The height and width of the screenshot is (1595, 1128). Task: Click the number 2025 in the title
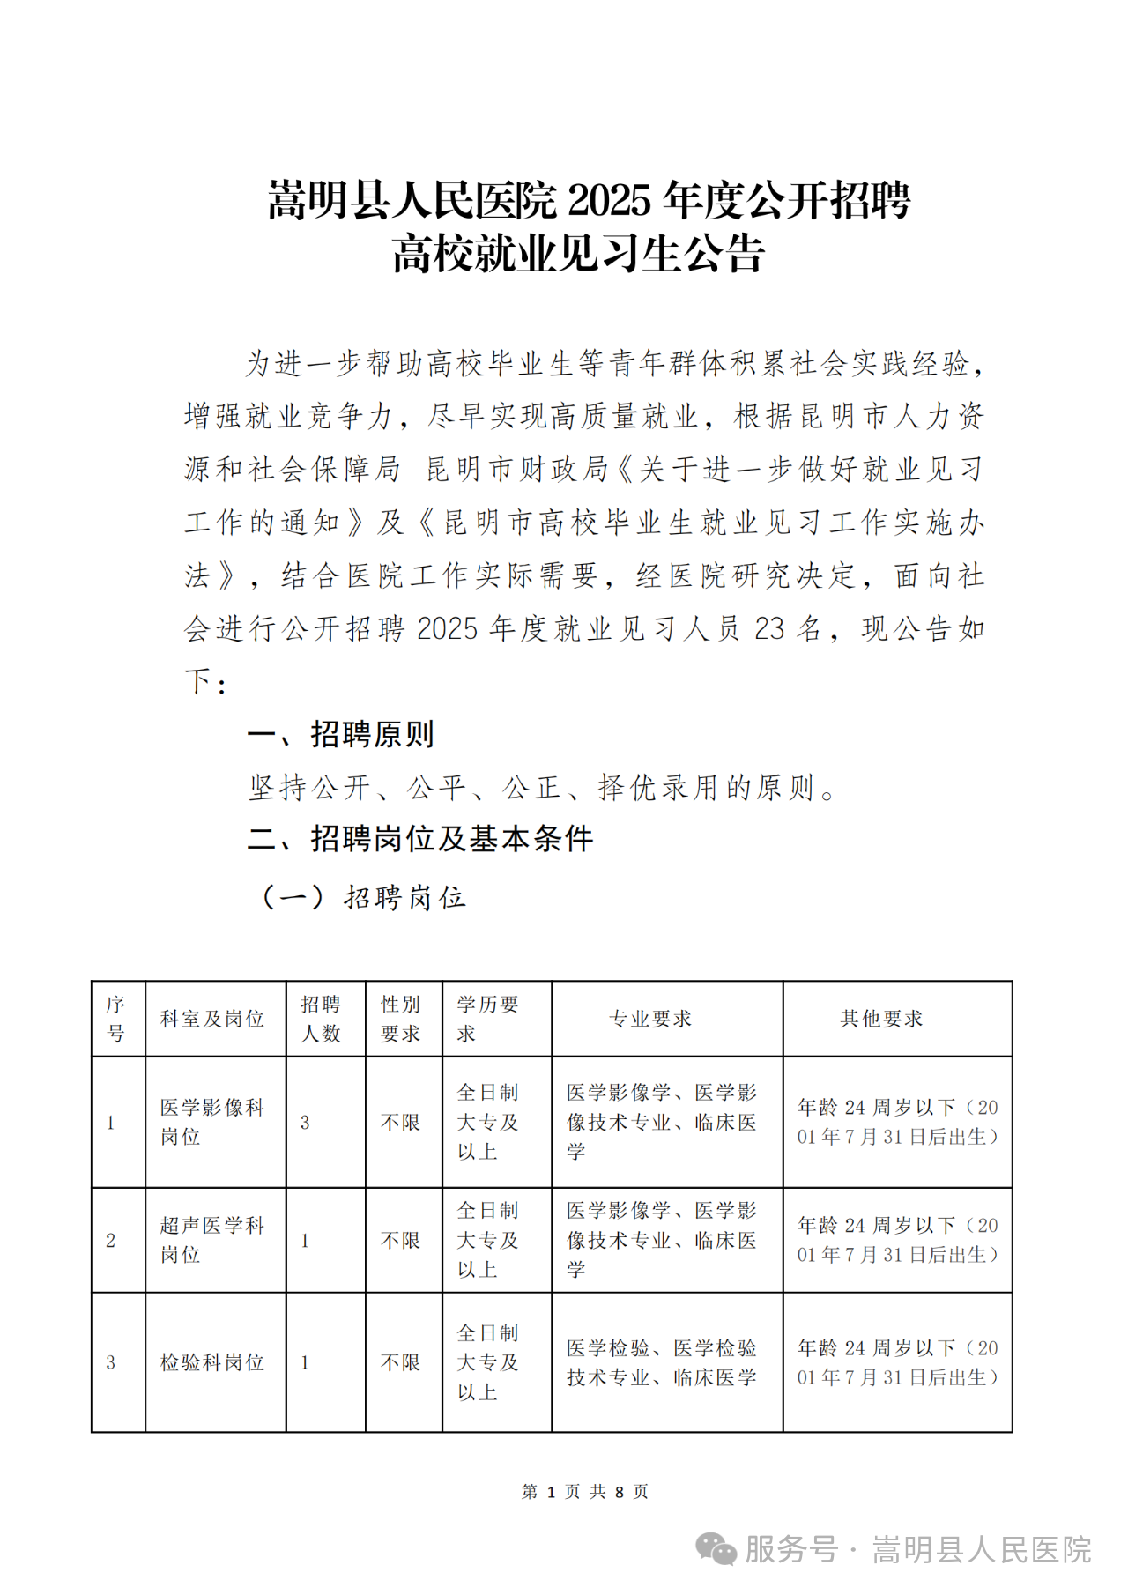click(x=608, y=202)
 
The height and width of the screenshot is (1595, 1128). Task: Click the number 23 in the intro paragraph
click(x=769, y=629)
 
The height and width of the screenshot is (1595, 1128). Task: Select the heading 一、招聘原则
click(x=341, y=734)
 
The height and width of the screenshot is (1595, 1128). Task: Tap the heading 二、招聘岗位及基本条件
click(x=420, y=839)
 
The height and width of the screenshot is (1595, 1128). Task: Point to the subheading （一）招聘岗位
click(x=362, y=898)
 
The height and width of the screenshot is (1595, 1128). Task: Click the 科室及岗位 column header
click(x=212, y=1019)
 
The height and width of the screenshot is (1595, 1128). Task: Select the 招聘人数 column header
click(x=321, y=1019)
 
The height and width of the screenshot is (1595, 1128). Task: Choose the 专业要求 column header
click(x=650, y=1019)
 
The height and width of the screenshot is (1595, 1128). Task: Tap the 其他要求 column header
click(x=881, y=1019)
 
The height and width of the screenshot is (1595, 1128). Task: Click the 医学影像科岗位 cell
click(x=212, y=1122)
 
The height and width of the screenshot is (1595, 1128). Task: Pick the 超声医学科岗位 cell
click(x=212, y=1240)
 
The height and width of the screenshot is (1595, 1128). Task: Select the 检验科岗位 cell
click(x=212, y=1362)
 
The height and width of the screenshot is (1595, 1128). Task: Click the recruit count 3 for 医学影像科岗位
click(x=305, y=1123)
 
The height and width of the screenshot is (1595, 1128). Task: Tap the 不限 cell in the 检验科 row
click(x=401, y=1362)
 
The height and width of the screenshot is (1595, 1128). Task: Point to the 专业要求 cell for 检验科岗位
click(x=662, y=1362)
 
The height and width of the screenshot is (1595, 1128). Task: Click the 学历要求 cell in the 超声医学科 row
click(x=488, y=1240)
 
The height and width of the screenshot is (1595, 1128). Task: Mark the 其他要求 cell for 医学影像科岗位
click(x=897, y=1122)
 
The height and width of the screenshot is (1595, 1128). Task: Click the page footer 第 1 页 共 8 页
click(x=585, y=1491)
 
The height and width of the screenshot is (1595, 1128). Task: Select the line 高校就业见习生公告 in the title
click(x=578, y=255)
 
